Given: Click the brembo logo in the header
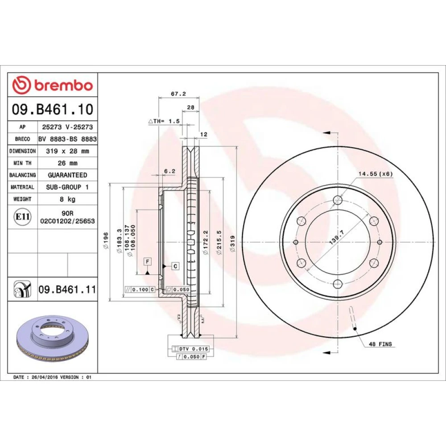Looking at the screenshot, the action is [53, 85].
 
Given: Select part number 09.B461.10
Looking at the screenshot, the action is [53, 109].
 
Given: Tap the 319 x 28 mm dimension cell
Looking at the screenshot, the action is [68, 151].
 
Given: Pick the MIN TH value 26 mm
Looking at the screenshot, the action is [68, 163].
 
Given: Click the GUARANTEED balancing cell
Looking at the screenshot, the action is [68, 175].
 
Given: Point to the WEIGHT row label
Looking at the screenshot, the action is [22, 199].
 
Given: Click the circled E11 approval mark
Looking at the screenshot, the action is [22, 217].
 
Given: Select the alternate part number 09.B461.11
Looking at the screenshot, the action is [67, 289].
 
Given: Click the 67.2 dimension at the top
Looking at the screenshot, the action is [178, 94].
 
